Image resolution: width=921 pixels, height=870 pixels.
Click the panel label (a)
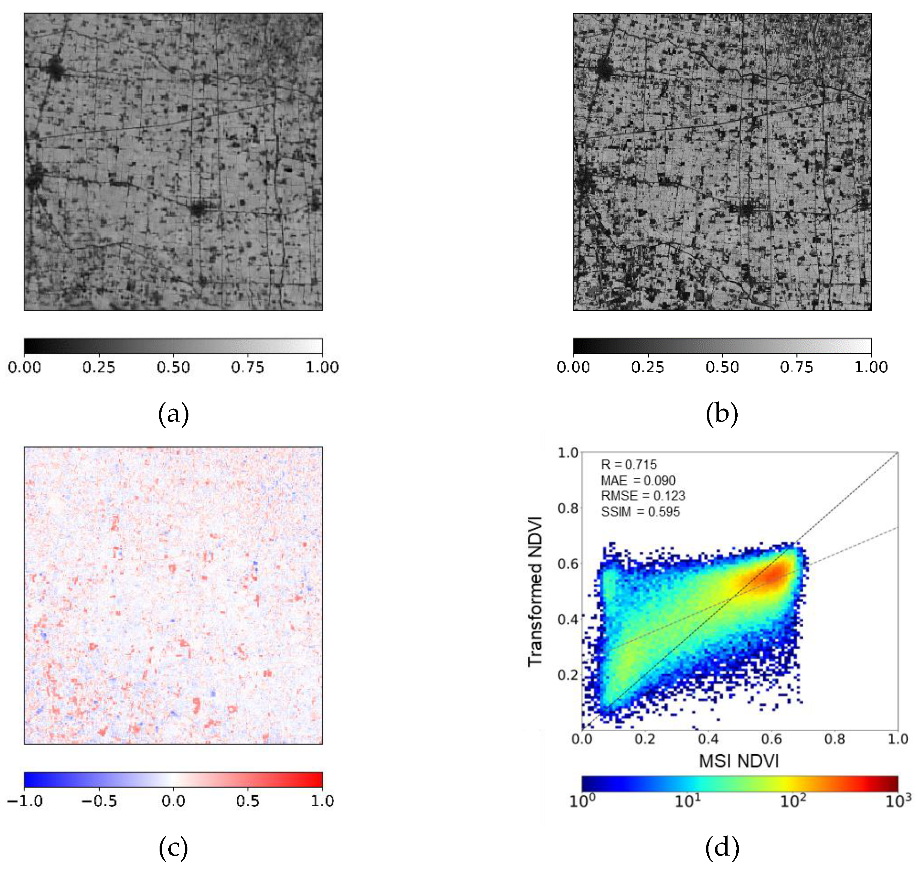tap(173, 414)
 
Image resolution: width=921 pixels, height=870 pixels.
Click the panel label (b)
tap(722, 414)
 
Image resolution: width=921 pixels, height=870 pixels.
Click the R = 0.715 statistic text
tap(629, 465)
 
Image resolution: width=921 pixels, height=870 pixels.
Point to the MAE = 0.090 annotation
tap(638, 481)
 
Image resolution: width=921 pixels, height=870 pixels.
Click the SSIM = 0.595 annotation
tap(640, 512)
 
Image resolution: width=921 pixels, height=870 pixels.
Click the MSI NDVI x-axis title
tap(739, 761)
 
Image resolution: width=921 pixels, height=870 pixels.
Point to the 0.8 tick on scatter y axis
tap(568, 508)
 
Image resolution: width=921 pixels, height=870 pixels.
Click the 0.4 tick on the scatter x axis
tap(708, 739)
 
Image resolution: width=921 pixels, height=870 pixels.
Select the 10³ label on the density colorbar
tap(898, 801)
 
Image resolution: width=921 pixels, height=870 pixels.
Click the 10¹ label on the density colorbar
tap(687, 801)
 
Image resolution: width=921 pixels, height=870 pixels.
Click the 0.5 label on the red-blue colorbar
tap(247, 801)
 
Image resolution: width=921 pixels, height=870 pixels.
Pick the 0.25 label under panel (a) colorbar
tap(99, 367)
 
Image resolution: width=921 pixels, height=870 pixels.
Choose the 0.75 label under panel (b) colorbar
tap(796, 367)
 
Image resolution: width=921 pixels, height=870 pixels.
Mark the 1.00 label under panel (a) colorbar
tap(322, 367)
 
